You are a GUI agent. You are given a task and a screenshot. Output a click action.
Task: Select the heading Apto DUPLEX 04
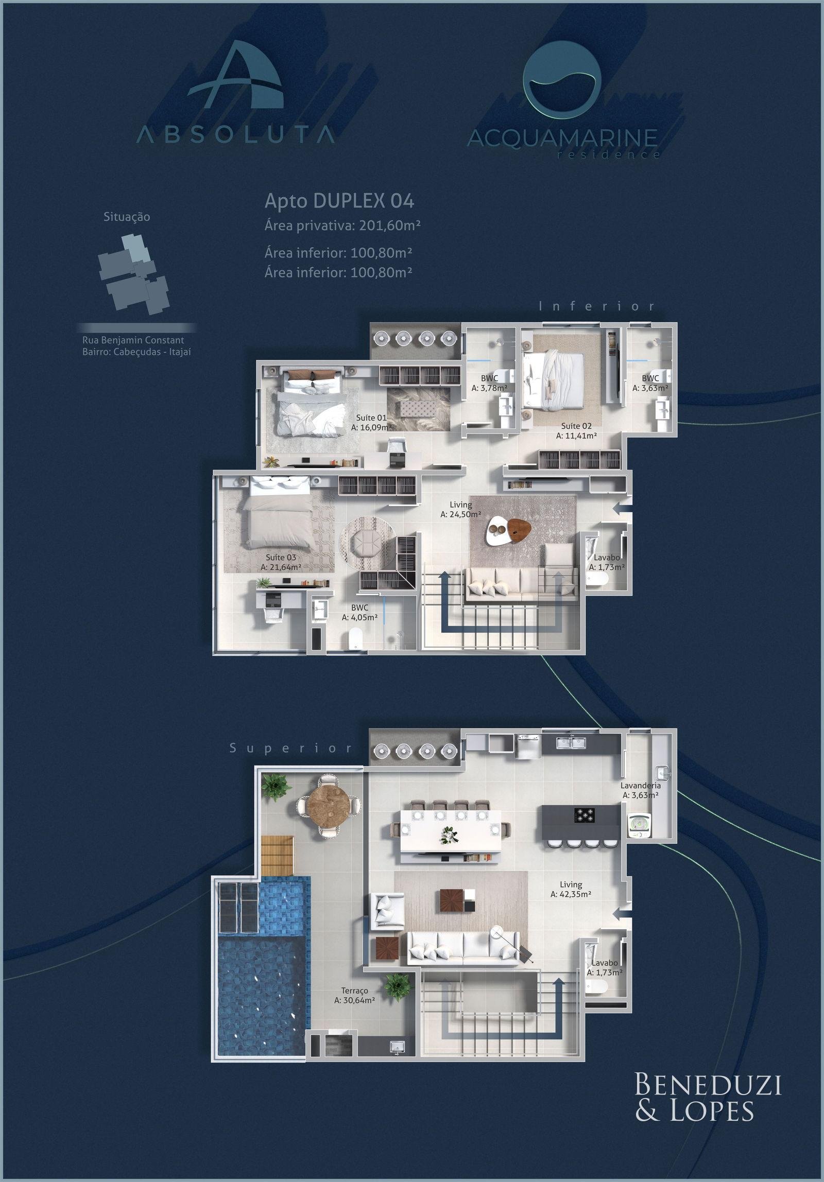click(339, 201)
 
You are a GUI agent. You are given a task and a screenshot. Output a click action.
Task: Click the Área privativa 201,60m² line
click(342, 225)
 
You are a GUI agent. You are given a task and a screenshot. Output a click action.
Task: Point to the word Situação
click(127, 217)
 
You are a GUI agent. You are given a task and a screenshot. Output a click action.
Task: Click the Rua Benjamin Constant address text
click(133, 340)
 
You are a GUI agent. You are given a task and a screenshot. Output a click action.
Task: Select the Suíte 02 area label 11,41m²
click(576, 436)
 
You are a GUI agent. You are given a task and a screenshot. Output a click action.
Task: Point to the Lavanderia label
click(640, 800)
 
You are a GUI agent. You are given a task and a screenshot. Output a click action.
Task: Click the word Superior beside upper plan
click(291, 749)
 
